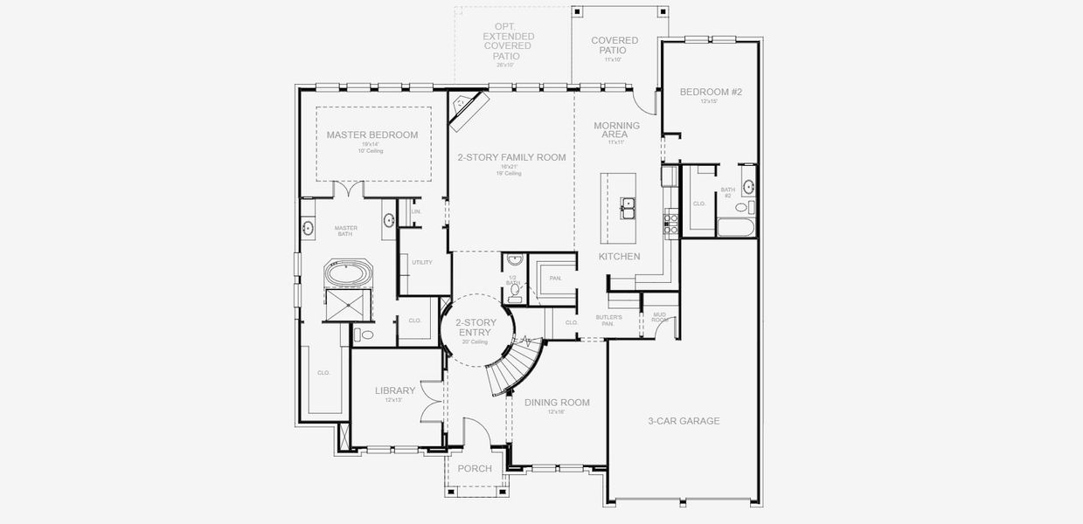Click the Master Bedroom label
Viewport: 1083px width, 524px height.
[372, 135]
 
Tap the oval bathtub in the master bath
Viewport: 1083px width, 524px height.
[349, 273]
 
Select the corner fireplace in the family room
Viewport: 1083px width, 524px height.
[468, 112]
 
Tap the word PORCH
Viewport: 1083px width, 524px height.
[475, 469]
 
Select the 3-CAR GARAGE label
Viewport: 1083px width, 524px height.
[684, 421]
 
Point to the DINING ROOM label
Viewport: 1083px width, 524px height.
[557, 403]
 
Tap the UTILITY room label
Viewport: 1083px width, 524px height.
[421, 262]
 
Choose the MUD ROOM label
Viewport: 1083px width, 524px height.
[658, 319]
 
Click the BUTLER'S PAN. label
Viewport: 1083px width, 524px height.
[609, 320]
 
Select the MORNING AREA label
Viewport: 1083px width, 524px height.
[616, 130]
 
